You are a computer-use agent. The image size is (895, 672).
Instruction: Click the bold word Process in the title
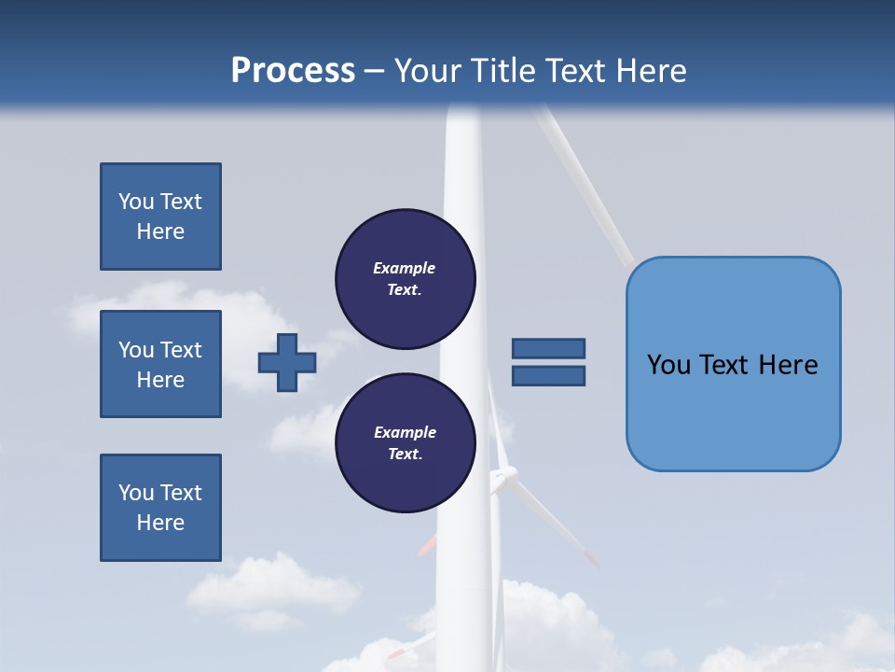pos(293,71)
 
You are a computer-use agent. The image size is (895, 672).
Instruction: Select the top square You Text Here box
pos(160,217)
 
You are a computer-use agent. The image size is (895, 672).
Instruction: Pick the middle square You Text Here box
pos(160,364)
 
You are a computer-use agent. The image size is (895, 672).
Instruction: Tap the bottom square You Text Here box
pos(160,508)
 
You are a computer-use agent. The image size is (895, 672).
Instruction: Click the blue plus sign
pos(287,362)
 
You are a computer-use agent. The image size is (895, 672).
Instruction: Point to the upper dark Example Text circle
pos(405,279)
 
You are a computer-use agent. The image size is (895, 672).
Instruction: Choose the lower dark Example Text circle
pos(405,443)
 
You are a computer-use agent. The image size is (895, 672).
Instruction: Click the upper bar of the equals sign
pos(548,349)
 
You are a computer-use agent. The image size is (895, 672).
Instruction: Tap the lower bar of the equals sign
pos(548,376)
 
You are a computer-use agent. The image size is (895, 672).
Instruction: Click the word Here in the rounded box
pos(788,365)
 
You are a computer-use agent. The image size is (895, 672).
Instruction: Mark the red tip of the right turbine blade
pos(591,559)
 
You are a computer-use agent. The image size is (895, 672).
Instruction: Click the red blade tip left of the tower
pos(426,546)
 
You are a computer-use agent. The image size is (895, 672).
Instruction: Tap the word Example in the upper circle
pos(405,269)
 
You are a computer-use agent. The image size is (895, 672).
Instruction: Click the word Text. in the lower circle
pos(405,455)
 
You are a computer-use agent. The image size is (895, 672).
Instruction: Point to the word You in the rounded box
pos(668,365)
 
